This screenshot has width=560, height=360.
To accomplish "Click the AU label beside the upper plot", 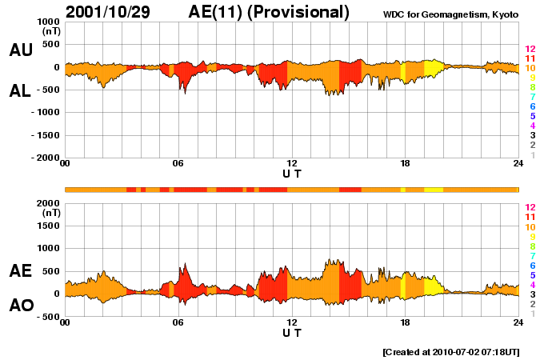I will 21,50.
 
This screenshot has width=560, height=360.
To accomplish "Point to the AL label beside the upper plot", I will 21,92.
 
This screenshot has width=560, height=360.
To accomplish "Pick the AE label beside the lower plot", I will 21,271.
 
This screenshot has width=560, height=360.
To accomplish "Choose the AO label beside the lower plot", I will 21,306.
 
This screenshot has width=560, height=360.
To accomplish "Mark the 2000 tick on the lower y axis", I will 48,203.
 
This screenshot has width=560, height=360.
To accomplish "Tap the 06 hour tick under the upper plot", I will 178,164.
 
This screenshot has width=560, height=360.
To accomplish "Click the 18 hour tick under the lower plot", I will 405,322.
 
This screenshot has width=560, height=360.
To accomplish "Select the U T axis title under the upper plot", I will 292,173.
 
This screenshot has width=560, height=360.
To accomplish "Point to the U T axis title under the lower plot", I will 292,331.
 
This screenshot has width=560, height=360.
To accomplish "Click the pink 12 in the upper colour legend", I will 529,50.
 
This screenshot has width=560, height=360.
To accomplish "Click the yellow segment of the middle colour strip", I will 433,190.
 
